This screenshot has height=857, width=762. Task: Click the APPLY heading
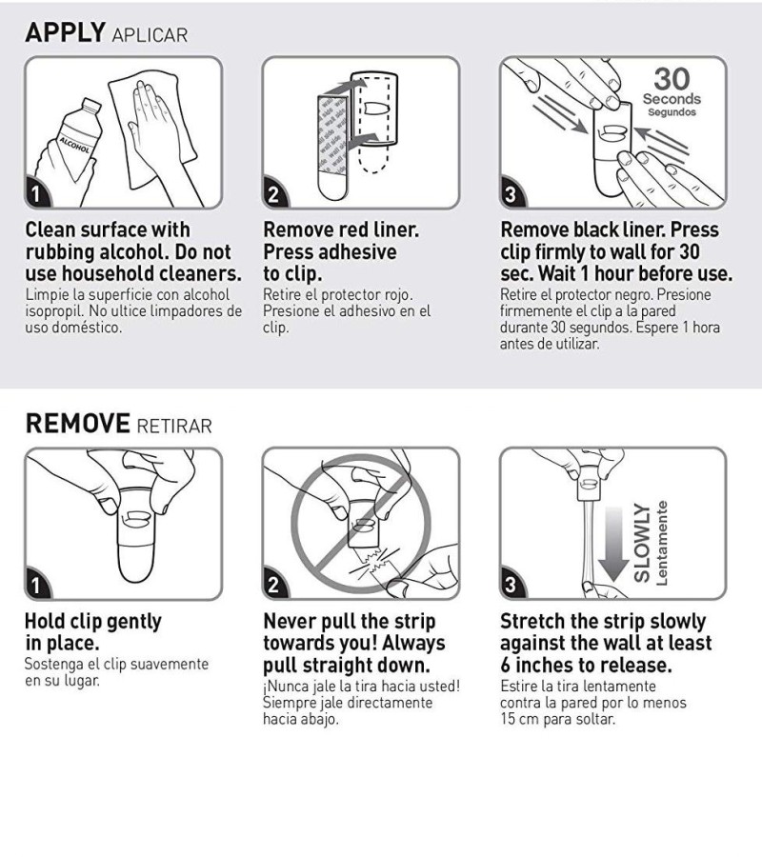click(65, 32)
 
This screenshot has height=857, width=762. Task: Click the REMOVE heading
click(77, 424)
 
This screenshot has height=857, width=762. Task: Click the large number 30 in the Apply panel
click(672, 79)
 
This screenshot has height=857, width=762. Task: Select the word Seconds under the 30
click(672, 99)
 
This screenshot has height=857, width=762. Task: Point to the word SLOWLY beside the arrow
click(641, 543)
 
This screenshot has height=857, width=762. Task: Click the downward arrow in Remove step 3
click(613, 544)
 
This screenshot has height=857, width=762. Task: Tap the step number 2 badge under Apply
click(273, 194)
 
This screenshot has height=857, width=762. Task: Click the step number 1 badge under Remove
click(36, 586)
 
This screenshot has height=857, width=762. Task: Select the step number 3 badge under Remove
click(511, 586)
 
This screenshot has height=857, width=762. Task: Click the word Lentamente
click(662, 544)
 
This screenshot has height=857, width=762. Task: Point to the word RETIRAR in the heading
click(173, 426)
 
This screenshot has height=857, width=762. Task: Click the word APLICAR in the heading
click(150, 35)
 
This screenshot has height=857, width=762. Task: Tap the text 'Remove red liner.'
click(341, 230)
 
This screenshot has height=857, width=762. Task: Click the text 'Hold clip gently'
click(93, 622)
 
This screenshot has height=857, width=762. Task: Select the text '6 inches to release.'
click(586, 666)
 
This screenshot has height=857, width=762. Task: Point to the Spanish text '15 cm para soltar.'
click(557, 719)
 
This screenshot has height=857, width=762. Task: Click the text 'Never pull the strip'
click(350, 622)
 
